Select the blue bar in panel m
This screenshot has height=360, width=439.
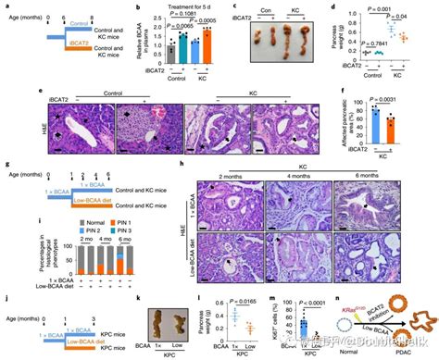click(300, 330)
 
